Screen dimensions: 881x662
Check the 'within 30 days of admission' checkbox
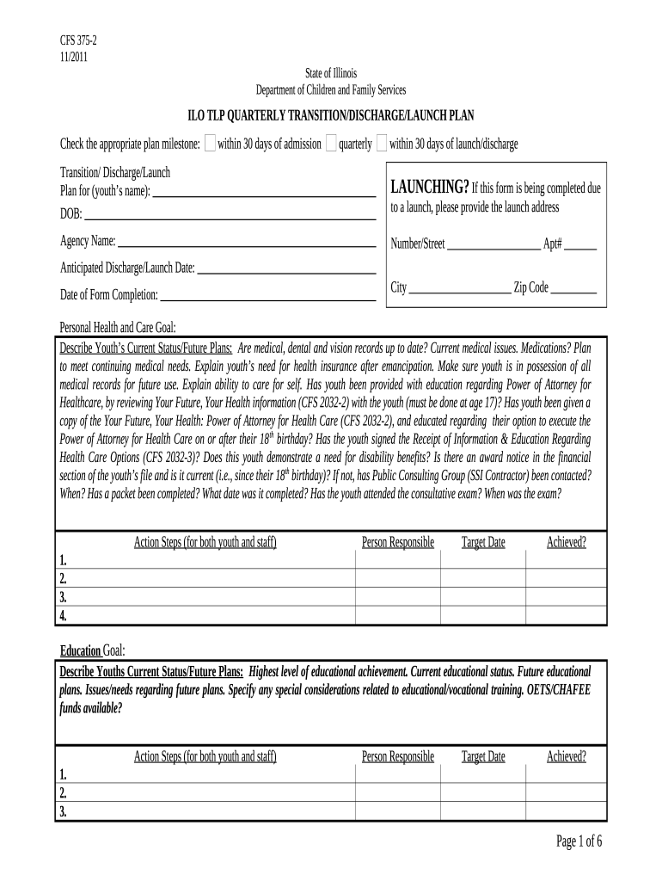pos(211,144)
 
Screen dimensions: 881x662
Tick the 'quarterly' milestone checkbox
pos(331,144)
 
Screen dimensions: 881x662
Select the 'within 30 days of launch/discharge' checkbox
pos(382,144)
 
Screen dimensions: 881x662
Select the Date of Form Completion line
pos(267,298)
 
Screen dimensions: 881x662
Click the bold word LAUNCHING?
pos(430,188)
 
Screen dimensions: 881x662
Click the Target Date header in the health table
pos(483,542)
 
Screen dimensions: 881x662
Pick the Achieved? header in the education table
pos(567,756)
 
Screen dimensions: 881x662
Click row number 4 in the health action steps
pos(63,616)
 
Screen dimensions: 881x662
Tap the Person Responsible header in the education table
pos(398,756)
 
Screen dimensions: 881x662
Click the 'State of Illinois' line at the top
pos(331,74)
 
